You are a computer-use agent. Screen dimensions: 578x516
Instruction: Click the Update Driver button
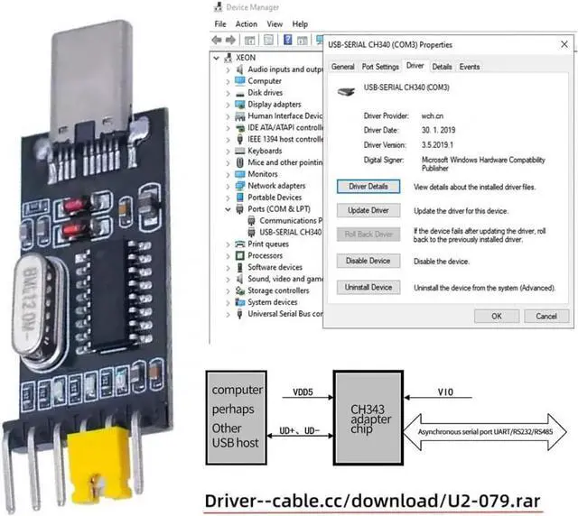tap(368, 210)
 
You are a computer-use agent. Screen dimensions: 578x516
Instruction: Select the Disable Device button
tap(368, 261)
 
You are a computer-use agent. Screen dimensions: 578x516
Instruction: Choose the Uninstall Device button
tap(368, 287)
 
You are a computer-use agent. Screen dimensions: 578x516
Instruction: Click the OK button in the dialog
tap(498, 317)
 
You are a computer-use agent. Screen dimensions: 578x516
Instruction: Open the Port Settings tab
tap(380, 67)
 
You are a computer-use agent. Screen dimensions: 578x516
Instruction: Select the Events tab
tap(470, 67)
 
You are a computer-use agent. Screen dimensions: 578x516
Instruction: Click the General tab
tap(343, 67)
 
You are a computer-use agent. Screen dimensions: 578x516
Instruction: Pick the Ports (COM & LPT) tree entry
tap(276, 208)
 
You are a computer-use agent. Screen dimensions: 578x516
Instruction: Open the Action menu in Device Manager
tap(247, 23)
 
